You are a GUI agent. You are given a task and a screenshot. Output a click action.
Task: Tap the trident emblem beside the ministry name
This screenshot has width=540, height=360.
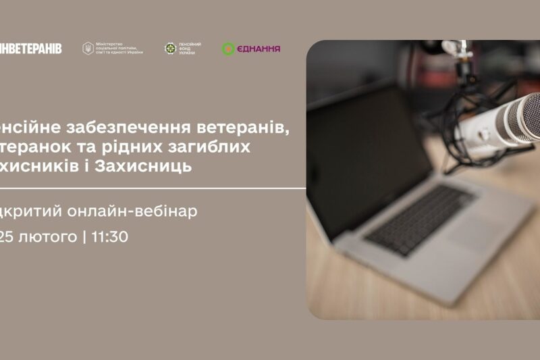[x=88, y=49]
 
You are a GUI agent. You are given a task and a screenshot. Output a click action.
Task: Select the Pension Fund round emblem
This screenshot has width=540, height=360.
[x=170, y=49]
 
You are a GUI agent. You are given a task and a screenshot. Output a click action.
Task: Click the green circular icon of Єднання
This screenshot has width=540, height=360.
[x=228, y=49]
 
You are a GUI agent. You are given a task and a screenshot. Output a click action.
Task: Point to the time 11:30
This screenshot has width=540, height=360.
[x=108, y=236]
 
